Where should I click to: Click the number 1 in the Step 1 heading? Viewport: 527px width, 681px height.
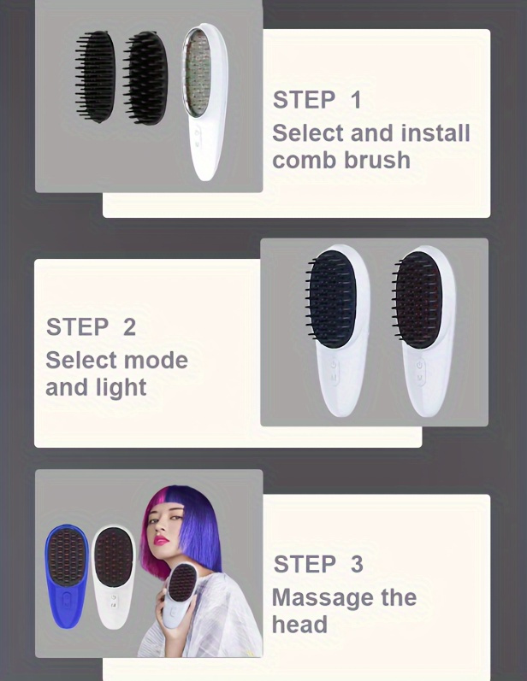(x=356, y=100)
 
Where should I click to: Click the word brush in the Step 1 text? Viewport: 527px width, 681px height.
(x=377, y=160)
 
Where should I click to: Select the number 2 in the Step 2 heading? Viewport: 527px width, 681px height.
(x=129, y=327)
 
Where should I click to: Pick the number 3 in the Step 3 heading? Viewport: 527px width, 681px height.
(x=357, y=564)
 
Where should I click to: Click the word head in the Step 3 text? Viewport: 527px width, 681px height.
(x=299, y=625)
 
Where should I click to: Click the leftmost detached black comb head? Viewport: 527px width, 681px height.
(x=95, y=76)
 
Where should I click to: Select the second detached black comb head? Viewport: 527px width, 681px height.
(x=145, y=78)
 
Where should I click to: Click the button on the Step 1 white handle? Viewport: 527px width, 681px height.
(x=198, y=135)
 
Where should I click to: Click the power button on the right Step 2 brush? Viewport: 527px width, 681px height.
(x=419, y=365)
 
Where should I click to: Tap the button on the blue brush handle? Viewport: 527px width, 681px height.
(x=67, y=600)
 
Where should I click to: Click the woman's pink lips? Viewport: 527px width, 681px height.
(x=162, y=540)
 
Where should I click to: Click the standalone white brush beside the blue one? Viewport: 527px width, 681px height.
(x=114, y=577)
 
